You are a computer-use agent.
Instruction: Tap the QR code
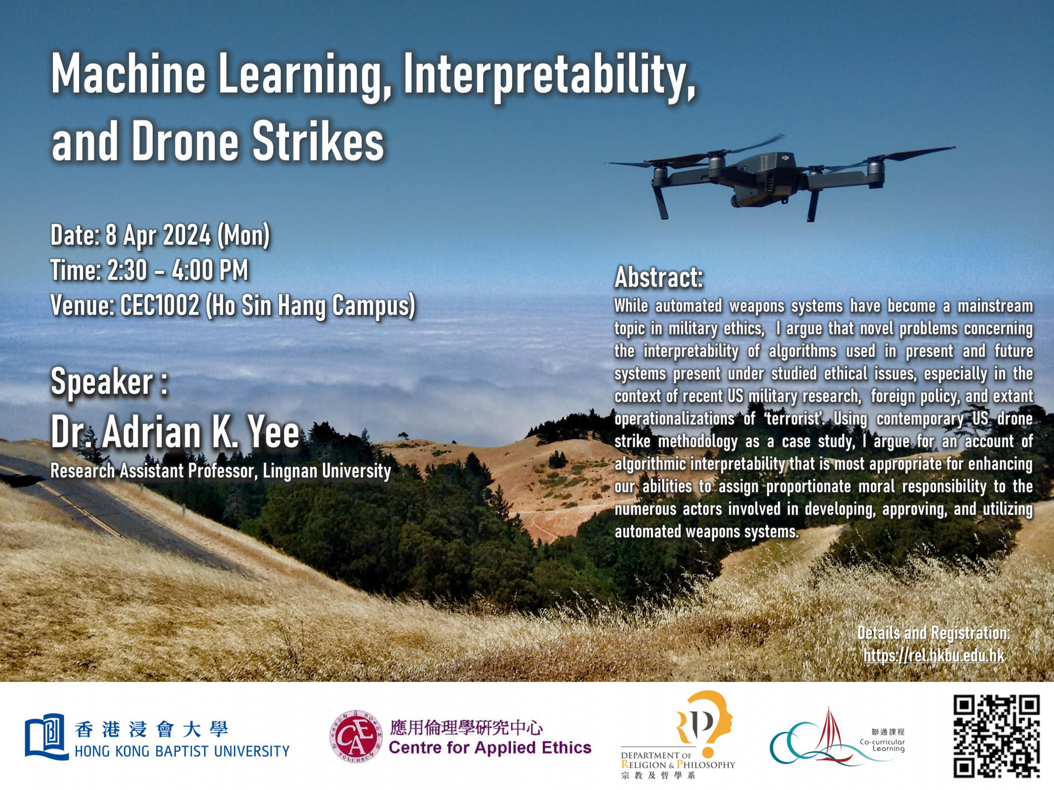(996, 736)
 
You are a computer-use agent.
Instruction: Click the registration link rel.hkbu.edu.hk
(933, 656)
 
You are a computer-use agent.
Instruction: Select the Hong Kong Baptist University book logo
(46, 737)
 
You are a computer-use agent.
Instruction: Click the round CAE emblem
(356, 737)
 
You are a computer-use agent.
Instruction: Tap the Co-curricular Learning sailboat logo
(815, 738)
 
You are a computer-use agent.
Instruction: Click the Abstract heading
(658, 277)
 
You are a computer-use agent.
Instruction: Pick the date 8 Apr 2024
(158, 235)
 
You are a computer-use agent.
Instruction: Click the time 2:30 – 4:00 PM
(178, 271)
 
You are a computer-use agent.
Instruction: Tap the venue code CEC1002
(160, 306)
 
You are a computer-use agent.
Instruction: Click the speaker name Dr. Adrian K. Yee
(175, 433)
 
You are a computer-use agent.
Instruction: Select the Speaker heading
(109, 382)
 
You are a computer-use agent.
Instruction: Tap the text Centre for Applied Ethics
(490, 748)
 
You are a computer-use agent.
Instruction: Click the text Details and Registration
(933, 633)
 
